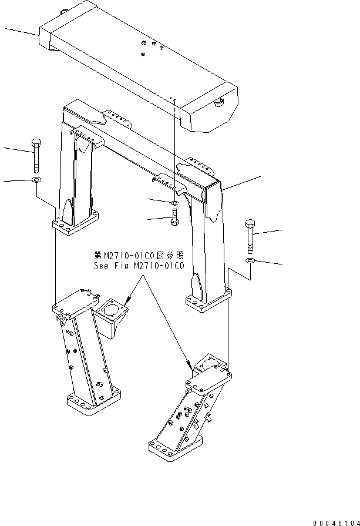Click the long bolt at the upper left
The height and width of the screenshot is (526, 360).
pos(36,156)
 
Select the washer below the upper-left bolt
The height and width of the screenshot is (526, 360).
pos(36,179)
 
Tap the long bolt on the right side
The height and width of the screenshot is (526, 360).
pos(250,236)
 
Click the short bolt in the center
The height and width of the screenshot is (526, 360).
pos(174,217)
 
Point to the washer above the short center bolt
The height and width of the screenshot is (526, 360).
pos(174,203)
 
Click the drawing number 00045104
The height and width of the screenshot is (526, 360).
pos(336,522)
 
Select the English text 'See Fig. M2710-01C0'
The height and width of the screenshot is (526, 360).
pos(139,266)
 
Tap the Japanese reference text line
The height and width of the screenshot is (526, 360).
pos(139,256)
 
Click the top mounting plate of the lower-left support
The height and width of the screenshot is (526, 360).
pos(76,303)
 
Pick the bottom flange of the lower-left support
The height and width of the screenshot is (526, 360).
pos(94,401)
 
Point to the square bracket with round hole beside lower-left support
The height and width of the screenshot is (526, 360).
pos(110,318)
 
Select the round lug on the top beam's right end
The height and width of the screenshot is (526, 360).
pos(219,102)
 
